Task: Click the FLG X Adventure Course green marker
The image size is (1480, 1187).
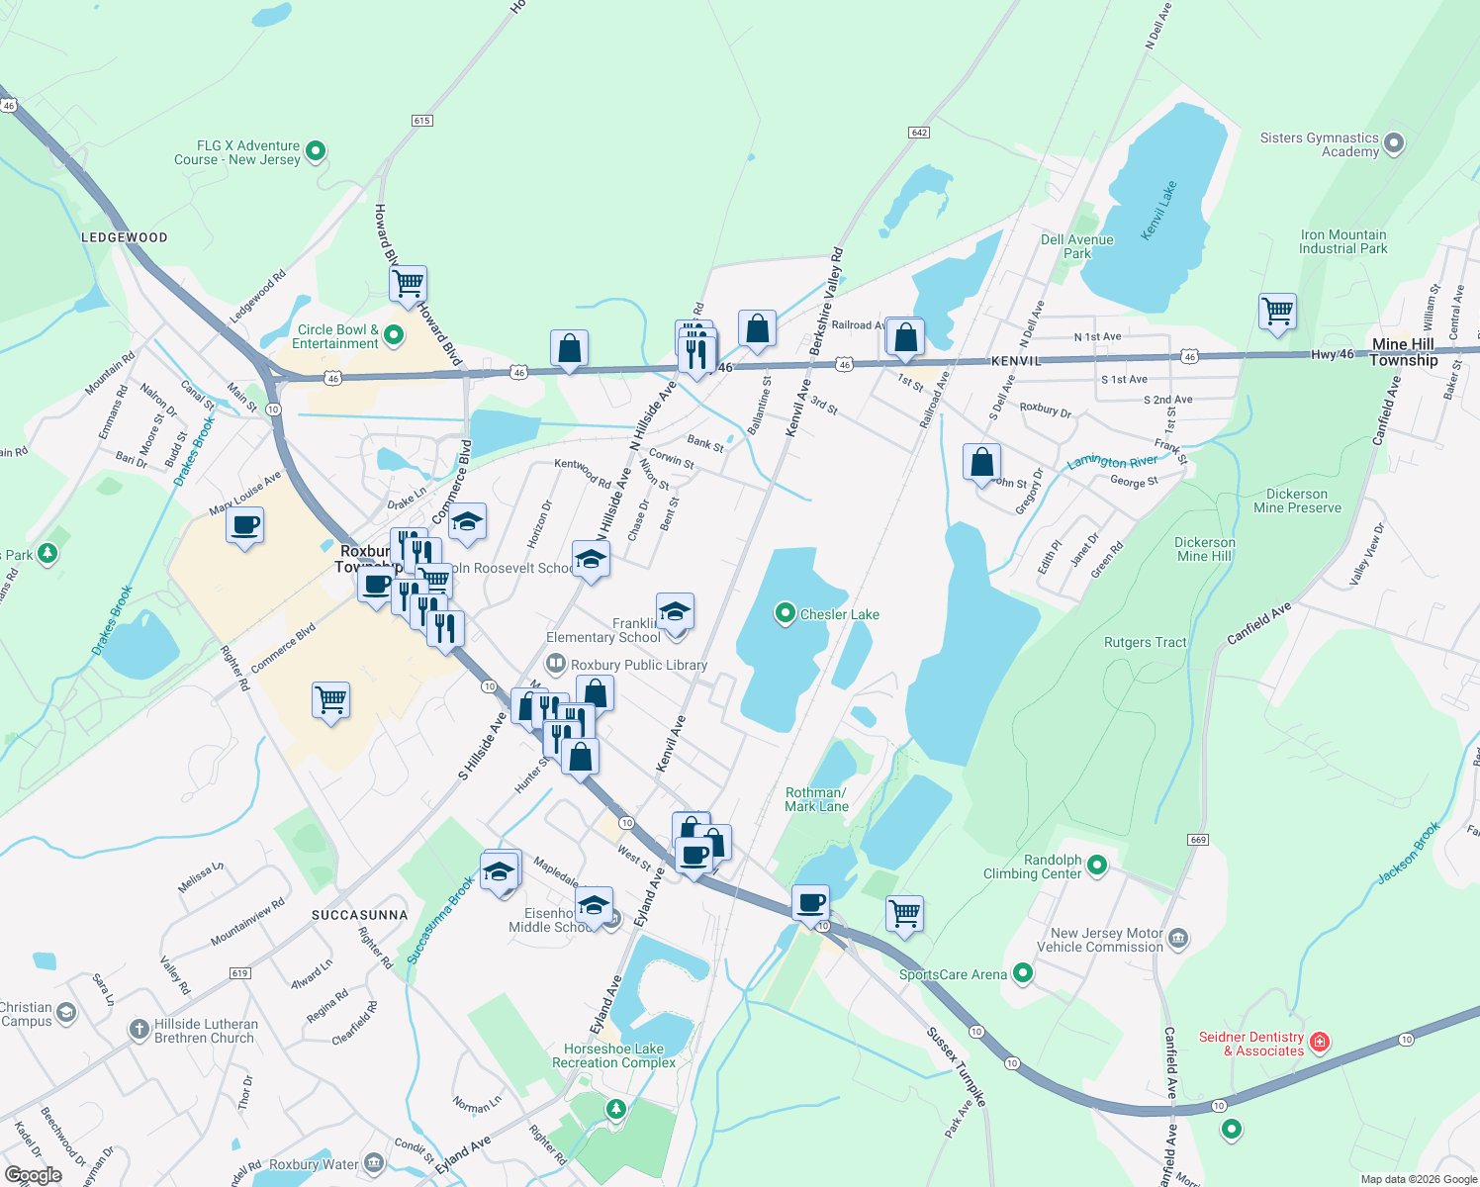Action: coord(316,151)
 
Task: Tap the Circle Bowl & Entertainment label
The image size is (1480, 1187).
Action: coord(336,336)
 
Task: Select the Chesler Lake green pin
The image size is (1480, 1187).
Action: coord(785,614)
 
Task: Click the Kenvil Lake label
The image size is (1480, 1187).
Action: coord(1158,210)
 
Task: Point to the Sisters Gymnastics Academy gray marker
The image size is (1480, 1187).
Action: coord(1394,144)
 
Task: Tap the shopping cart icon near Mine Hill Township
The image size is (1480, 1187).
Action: coord(1277,312)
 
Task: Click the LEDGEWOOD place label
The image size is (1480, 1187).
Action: coord(125,237)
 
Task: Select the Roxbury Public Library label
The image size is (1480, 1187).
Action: coord(638,665)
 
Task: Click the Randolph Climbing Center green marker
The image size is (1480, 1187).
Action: coord(1096,866)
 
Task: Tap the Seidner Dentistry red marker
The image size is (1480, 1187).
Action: coord(1319,1043)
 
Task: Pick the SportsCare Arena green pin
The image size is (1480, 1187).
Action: coord(1023,974)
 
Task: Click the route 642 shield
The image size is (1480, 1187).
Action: coord(919,133)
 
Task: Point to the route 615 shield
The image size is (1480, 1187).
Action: coord(421,121)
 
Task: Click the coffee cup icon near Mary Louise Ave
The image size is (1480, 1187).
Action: coord(244,524)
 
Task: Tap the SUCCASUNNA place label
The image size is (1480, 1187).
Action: coord(359,915)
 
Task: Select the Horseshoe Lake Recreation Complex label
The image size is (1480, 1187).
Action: coord(613,1055)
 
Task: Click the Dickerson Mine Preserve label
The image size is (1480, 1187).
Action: coord(1297,501)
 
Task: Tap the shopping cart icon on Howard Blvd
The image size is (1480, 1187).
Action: coord(408,284)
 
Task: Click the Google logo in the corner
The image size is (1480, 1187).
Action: coord(33,1174)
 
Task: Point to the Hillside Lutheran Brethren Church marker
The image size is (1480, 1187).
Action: coord(139,1030)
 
